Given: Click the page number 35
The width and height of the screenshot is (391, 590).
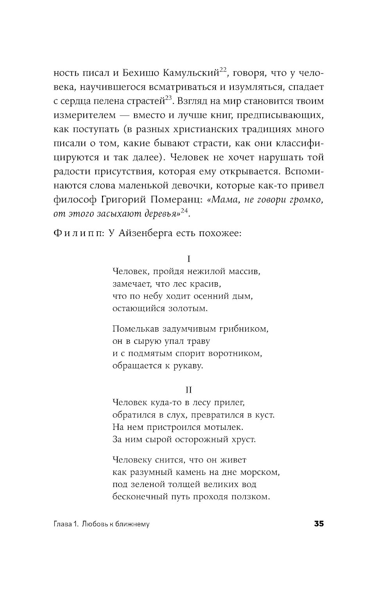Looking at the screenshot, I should click(x=319, y=524).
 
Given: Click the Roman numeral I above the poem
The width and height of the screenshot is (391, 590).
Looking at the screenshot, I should click(x=189, y=259).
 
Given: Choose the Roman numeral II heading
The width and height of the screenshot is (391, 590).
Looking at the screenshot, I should click(x=189, y=390).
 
